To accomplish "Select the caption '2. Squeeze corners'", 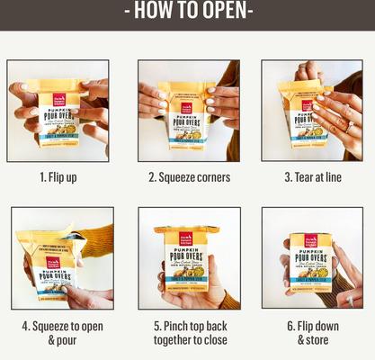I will [x=189, y=177].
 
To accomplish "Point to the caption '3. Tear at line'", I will [x=311, y=177].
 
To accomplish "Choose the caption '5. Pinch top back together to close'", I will [x=189, y=332].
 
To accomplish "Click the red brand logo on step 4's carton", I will [x=53, y=264].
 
